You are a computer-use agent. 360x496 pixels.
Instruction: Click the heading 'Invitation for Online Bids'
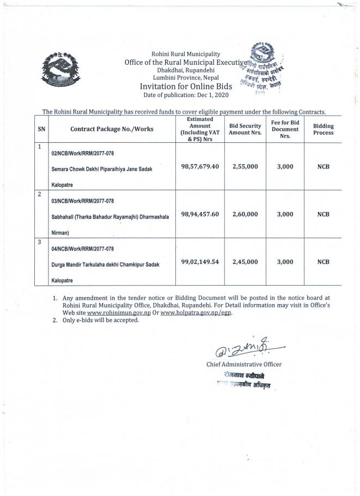coord(186,87)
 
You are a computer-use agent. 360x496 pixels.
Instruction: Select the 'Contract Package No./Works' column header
coord(112,129)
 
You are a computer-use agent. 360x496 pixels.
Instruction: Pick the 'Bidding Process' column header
coord(324,129)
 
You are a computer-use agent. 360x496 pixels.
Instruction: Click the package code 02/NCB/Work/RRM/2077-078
coord(83,154)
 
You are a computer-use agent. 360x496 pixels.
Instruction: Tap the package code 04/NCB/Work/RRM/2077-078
coord(83,249)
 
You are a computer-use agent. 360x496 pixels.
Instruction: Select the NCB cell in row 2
coord(324,214)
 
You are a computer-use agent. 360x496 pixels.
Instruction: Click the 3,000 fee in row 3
coord(285,262)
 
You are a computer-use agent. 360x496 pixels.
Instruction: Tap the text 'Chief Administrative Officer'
coord(243,364)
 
